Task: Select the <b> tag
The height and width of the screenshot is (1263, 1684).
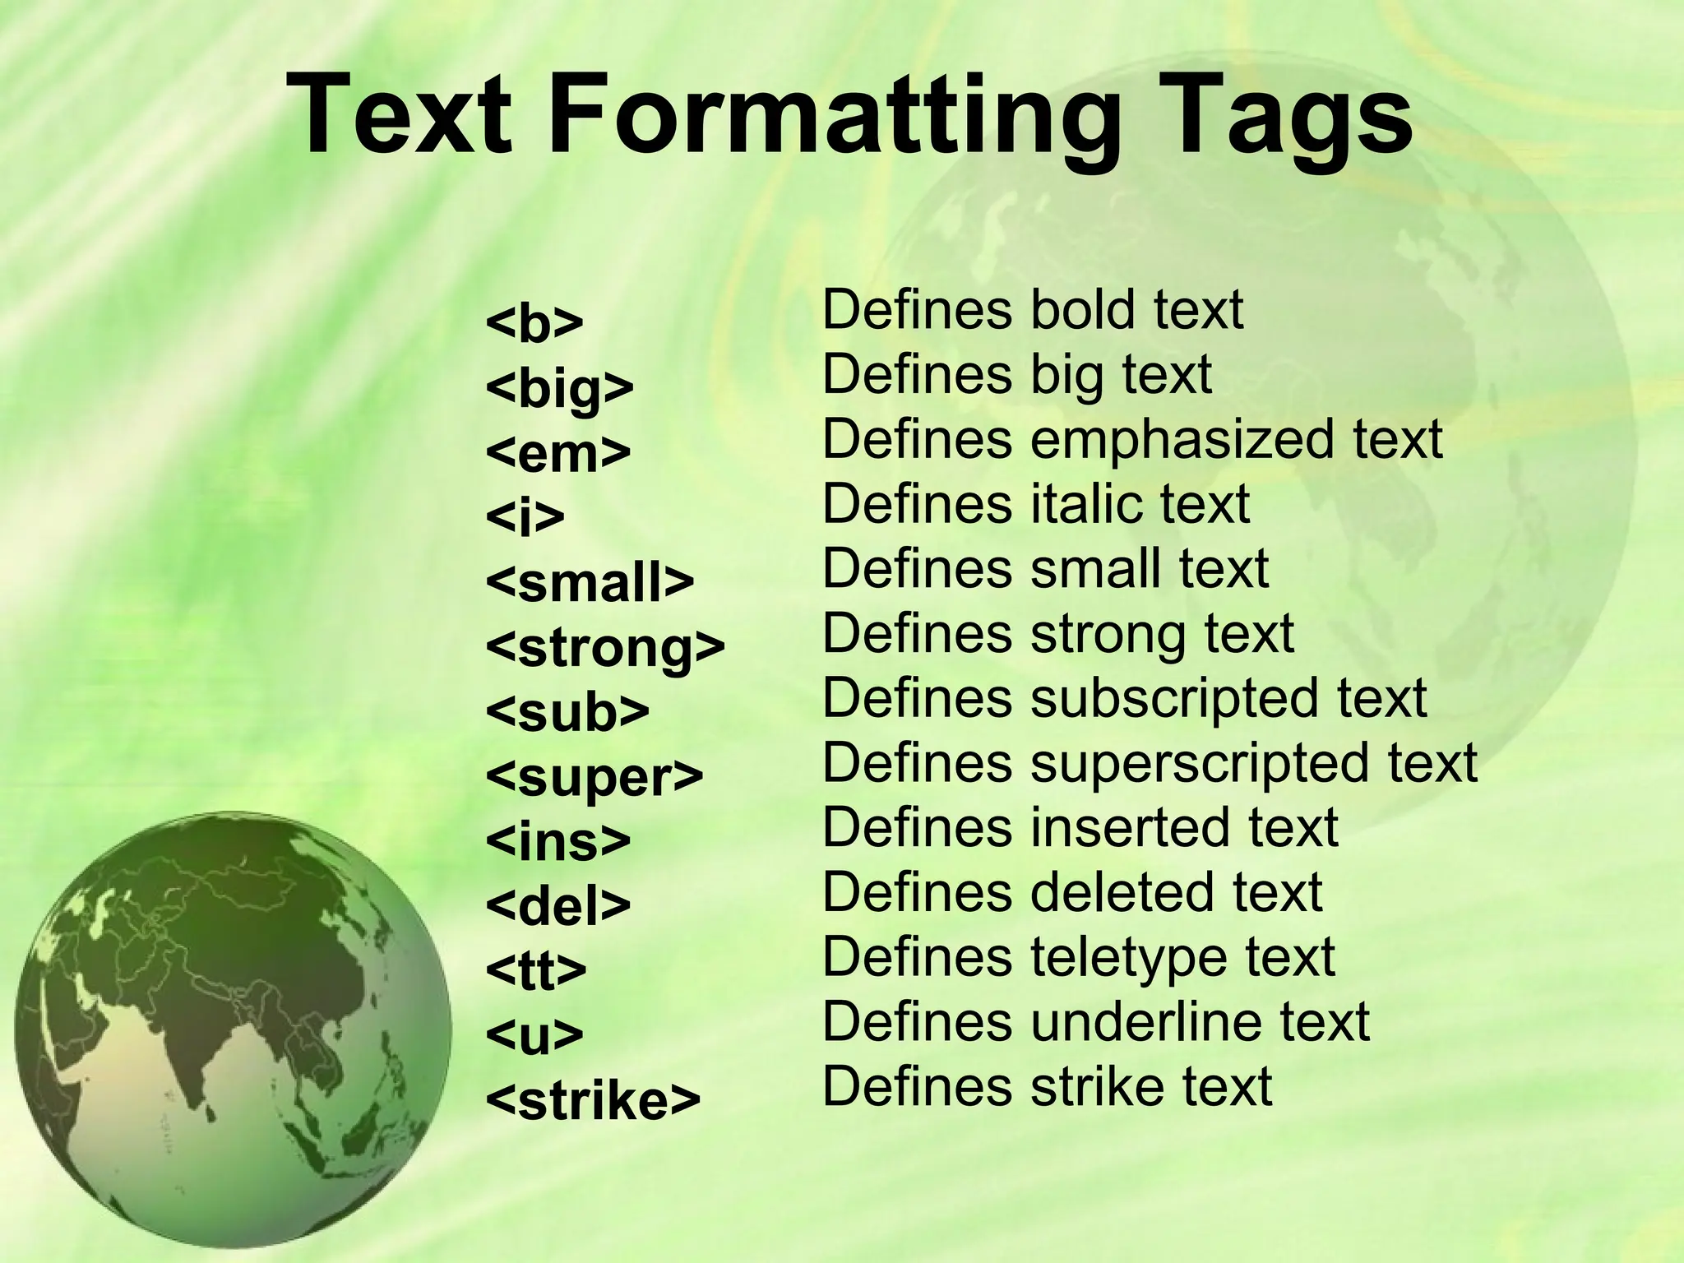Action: tap(534, 323)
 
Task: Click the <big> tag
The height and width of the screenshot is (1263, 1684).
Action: tap(560, 388)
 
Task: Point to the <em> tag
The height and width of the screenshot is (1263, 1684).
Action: tap(558, 452)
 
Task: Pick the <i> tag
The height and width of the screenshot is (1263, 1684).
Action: tap(525, 517)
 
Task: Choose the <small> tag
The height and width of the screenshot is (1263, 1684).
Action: tap(590, 582)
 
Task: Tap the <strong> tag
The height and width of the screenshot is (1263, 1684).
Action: tap(605, 648)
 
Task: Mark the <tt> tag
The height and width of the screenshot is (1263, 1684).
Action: tap(536, 971)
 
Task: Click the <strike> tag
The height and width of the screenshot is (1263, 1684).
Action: tap(593, 1100)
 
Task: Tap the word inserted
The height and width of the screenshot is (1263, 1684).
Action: tap(1131, 828)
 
